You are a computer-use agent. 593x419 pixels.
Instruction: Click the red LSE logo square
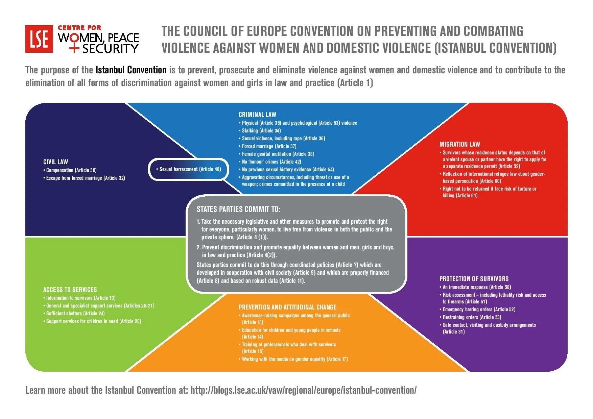tap(39, 39)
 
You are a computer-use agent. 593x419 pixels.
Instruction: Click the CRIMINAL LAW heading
tap(257, 115)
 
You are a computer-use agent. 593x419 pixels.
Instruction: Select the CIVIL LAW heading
tap(55, 162)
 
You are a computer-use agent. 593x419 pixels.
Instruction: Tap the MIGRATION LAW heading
tap(459, 144)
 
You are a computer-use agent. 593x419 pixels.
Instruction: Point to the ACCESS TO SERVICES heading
tap(70, 290)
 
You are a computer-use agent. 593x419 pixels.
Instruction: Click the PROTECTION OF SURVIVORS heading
tap(474, 279)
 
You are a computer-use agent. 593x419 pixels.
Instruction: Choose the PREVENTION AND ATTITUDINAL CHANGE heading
tap(287, 307)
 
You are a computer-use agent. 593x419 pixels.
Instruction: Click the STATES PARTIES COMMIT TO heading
tap(238, 209)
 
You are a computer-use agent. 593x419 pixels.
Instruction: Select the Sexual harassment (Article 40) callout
tap(189, 169)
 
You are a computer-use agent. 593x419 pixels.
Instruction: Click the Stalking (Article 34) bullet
tap(261, 131)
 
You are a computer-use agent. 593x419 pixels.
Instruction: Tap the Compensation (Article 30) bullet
tap(71, 170)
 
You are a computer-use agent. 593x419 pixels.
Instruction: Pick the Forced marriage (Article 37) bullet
tap(269, 146)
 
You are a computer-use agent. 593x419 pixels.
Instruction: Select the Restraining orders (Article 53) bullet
tap(472, 317)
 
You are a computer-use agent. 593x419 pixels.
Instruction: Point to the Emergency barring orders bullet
tap(479, 310)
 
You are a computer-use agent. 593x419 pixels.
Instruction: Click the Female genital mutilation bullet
tap(278, 154)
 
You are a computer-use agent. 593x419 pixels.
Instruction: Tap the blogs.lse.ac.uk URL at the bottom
tap(303, 390)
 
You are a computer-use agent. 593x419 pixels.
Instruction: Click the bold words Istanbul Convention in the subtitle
tap(131, 70)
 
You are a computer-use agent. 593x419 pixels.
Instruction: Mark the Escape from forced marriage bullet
tap(85, 178)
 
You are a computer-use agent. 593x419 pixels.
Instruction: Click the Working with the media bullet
tap(294, 359)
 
